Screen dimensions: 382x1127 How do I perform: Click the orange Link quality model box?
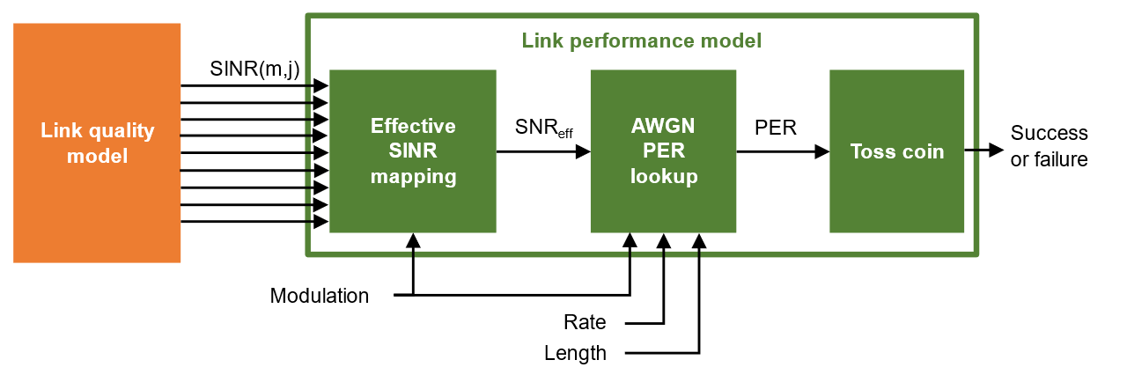point(97,143)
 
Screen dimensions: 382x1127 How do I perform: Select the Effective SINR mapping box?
point(413,151)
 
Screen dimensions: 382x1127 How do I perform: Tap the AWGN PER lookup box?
point(663,151)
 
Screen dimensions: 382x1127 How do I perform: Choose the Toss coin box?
point(896,151)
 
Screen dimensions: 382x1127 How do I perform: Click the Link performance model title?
point(641,40)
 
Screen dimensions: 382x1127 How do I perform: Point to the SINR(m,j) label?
point(255,69)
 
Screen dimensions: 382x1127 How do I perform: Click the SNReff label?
point(543,129)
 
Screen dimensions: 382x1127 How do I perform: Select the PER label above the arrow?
point(776,129)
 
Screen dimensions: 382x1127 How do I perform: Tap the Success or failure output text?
point(1049,146)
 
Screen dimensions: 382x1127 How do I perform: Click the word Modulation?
point(320,296)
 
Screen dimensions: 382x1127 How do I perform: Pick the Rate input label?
point(585,323)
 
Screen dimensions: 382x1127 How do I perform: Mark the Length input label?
point(575,354)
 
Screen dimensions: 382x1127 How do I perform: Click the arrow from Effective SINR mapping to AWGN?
point(542,152)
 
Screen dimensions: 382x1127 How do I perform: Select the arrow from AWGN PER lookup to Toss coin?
point(782,152)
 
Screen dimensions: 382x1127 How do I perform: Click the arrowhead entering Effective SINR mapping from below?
point(413,239)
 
